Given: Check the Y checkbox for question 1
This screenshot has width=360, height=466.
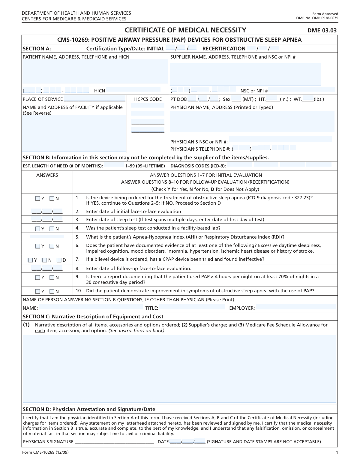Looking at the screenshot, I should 37,198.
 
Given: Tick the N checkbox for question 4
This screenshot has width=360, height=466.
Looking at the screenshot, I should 52,229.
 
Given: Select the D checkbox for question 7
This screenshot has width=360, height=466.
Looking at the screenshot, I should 59,260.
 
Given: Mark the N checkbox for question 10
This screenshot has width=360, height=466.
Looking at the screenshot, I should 52,291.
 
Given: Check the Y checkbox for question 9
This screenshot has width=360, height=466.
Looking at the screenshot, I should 37,278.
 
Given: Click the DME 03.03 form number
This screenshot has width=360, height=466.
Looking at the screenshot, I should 322,30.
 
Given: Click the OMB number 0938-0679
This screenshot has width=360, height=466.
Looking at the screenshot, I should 317,18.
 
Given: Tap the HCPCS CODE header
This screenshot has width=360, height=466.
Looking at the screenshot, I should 148,99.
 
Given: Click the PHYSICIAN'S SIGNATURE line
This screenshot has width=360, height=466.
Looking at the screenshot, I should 114,442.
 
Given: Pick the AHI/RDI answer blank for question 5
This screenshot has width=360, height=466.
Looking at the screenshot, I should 47,237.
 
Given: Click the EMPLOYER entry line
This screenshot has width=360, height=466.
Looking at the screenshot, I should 296,308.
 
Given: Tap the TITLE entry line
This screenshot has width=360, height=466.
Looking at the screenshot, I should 192,308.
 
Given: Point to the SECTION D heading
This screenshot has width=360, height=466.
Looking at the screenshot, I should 89,409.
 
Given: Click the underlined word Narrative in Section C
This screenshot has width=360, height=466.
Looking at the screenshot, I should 45,325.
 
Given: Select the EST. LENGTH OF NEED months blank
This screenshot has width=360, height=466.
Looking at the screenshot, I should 114,166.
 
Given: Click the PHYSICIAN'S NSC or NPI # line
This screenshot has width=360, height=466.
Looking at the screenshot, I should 280,142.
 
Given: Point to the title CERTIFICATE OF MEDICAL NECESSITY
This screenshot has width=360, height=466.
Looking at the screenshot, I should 185,30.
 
